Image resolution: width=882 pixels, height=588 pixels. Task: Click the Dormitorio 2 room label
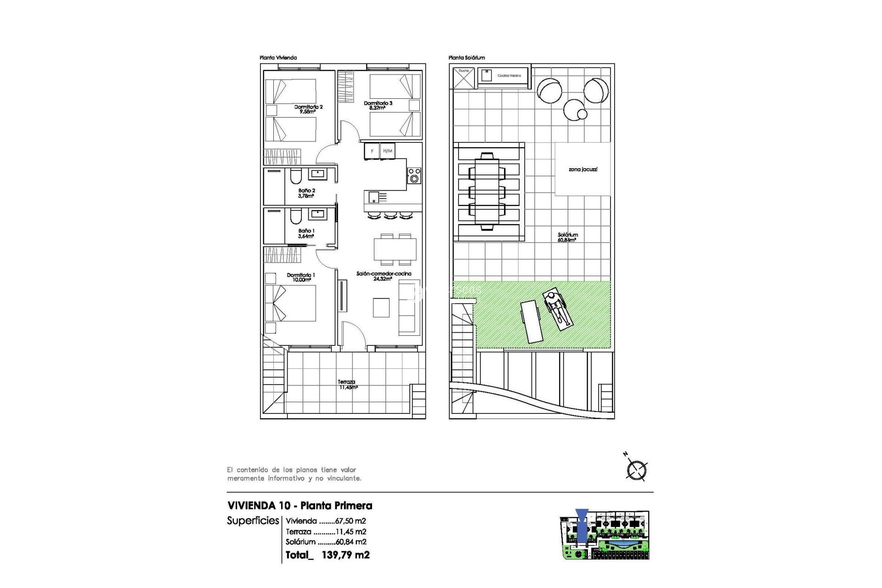(x=308, y=109)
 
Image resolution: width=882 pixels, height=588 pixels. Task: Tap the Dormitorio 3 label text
(x=378, y=105)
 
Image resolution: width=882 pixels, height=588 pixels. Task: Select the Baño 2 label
(x=306, y=193)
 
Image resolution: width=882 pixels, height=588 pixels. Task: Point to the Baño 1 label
(x=306, y=233)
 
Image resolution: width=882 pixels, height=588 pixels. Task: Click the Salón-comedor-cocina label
(x=384, y=276)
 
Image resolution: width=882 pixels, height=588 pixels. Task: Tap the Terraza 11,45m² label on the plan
(x=347, y=384)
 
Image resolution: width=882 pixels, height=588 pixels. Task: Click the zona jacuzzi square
(x=582, y=169)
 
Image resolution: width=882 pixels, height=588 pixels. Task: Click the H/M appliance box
(x=388, y=151)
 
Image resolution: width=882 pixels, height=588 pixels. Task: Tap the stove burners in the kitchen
(x=414, y=176)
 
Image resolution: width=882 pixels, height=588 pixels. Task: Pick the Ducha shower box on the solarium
(x=464, y=78)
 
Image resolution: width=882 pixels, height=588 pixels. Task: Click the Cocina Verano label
(x=509, y=75)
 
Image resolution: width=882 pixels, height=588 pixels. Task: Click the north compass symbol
(x=637, y=469)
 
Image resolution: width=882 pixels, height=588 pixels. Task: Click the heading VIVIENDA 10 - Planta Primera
(x=300, y=506)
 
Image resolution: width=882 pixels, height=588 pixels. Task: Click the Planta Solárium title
(x=466, y=58)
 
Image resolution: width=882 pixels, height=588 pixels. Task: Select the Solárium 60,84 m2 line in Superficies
(x=326, y=542)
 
